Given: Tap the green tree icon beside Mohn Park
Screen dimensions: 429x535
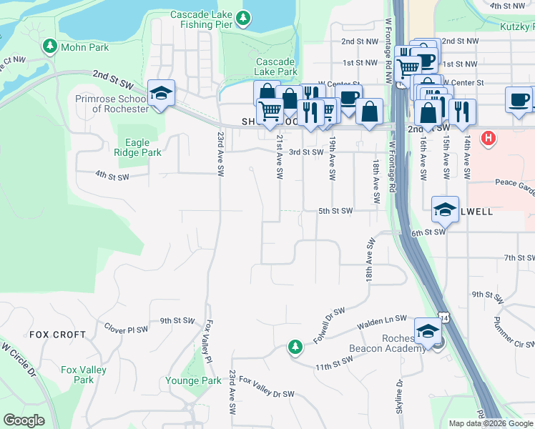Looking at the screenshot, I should tap(50, 47).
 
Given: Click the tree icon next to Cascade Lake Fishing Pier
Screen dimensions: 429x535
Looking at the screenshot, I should tap(244, 17).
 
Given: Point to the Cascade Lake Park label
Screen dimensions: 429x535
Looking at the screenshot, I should tap(276, 66).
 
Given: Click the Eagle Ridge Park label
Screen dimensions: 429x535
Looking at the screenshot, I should tap(137, 147).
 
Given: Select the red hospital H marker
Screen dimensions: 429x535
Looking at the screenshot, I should tap(489, 138).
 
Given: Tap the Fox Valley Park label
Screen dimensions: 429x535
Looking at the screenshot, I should tap(84, 375).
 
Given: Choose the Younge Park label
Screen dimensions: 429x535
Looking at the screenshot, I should tap(193, 381).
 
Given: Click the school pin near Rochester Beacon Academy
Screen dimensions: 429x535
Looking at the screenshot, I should tap(428, 331).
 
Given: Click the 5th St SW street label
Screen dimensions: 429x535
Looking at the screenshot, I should tap(336, 211).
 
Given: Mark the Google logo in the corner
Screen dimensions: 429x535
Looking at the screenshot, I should tap(24, 420).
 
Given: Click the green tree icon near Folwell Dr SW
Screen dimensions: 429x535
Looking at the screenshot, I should tap(295, 347).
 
